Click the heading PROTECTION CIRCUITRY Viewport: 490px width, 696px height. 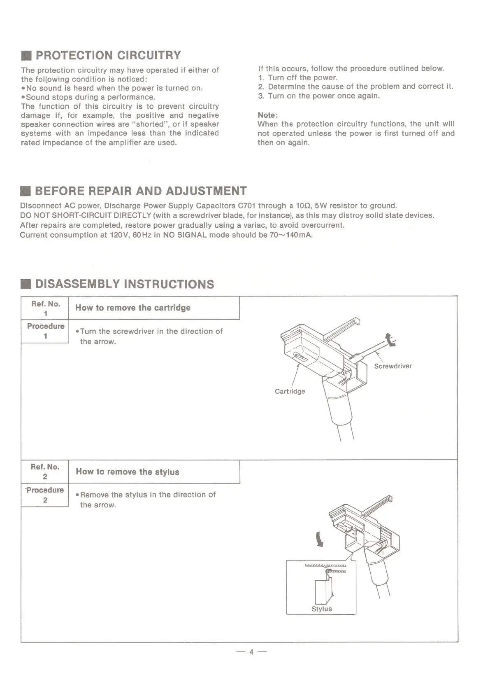(x=109, y=55)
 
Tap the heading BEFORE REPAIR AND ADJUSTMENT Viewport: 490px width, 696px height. (x=141, y=191)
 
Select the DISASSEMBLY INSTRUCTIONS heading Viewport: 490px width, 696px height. (x=125, y=284)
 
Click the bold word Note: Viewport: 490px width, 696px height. (x=268, y=114)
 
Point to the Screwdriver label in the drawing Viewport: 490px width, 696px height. (x=392, y=366)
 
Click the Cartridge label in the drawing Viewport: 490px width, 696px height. (x=290, y=391)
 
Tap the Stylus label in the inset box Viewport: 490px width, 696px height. (x=321, y=609)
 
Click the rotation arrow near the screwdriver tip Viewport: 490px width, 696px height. (x=389, y=340)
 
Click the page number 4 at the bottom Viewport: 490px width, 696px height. (x=250, y=652)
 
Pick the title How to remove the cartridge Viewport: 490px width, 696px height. (x=132, y=308)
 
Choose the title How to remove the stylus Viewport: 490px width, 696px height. (x=128, y=472)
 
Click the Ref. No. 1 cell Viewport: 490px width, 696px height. (x=45, y=308)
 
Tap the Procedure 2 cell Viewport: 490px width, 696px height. (x=45, y=495)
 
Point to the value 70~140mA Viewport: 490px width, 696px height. (x=291, y=235)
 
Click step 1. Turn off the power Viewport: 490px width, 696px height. (x=298, y=78)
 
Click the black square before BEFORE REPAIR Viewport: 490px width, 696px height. (x=26, y=192)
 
